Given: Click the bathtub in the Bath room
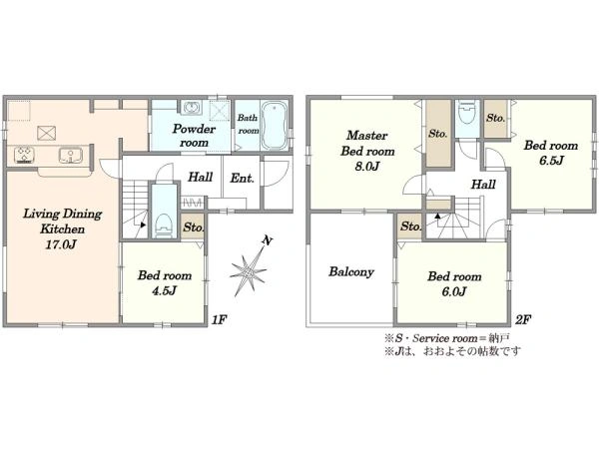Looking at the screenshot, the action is pos(275,126).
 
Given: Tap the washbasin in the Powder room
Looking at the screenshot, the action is pos(191,108).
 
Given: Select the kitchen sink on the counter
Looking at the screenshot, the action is pos(71,156).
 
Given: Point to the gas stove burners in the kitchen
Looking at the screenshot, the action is pos(25,155).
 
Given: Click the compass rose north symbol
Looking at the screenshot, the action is pos(249,267).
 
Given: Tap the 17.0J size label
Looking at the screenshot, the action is pos(61,244).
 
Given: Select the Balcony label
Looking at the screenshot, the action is pos(351,271).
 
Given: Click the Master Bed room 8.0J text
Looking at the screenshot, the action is pos(367,151).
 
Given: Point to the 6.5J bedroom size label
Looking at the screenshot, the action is pos(551,161).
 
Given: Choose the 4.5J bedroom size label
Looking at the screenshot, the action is pos(165,291).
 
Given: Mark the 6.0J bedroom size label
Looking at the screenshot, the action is pos(454,291).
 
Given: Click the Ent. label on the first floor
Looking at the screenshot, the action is pos(242,178).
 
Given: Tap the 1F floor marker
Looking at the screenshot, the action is pos(220,319).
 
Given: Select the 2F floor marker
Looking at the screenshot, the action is pos(522,319).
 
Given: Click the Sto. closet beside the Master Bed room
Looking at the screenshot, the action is pos(438,134).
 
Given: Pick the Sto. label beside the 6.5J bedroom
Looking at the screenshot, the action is pos(496,118).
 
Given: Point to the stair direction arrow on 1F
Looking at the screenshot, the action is pos(142,224).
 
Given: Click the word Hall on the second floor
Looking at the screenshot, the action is pos(483,185).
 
